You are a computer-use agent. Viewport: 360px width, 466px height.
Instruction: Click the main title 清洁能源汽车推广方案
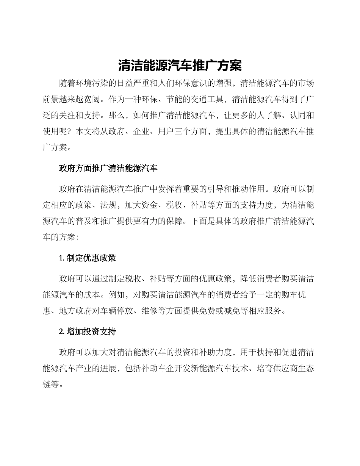(x=180, y=65)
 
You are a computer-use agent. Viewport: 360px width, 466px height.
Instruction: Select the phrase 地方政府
(x=71, y=311)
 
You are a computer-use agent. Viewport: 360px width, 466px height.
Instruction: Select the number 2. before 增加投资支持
(x=62, y=332)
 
